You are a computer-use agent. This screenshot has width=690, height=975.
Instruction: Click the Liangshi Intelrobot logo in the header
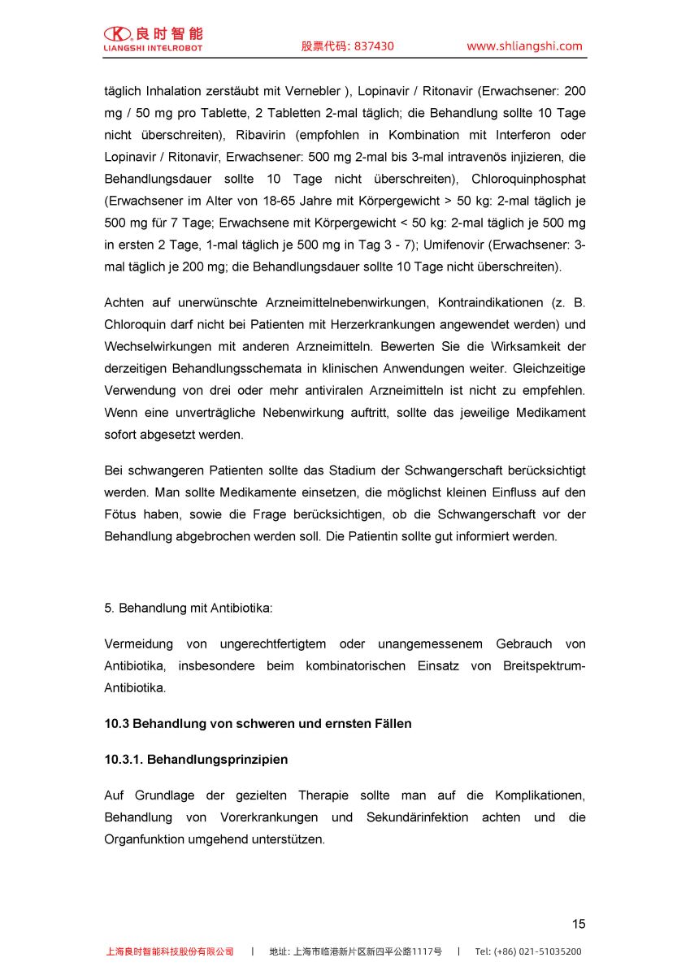pyautogui.click(x=154, y=39)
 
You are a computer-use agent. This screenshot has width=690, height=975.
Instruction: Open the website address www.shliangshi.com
pyautogui.click(x=524, y=46)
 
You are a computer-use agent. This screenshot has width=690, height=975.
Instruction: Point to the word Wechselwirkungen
pyautogui.click(x=154, y=347)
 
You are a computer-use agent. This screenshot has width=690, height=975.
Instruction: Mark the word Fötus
pyautogui.click(x=120, y=514)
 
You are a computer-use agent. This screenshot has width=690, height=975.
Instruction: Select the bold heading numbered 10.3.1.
pyautogui.click(x=196, y=760)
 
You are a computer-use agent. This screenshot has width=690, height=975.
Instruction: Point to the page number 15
pyautogui.click(x=578, y=924)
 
